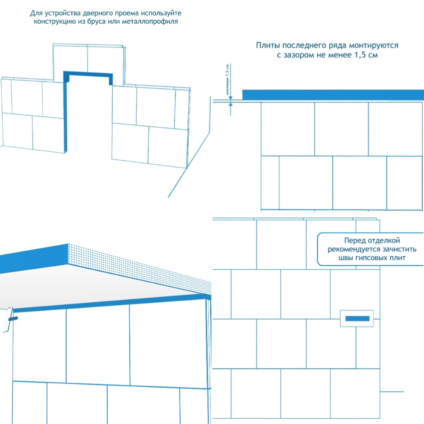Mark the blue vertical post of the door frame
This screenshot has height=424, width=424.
[66, 114]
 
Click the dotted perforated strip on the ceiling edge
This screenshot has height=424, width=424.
[140, 265]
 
